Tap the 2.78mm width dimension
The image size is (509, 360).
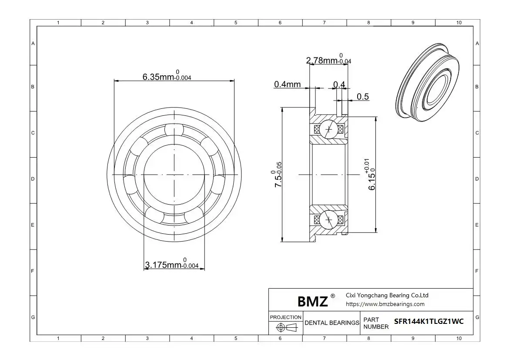(328, 59)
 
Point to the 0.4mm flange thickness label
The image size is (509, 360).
(287, 84)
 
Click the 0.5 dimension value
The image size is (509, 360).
(362, 97)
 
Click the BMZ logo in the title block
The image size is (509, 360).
(313, 302)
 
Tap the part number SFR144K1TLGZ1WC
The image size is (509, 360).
(429, 321)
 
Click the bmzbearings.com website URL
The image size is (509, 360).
(385, 304)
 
